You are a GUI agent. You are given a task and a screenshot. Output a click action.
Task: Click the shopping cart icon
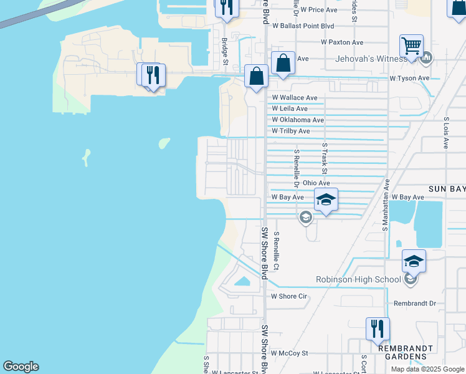click(x=411, y=46)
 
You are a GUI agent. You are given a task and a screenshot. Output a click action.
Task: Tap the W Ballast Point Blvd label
click(x=303, y=26)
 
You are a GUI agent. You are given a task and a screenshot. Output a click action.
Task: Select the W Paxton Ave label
click(x=342, y=42)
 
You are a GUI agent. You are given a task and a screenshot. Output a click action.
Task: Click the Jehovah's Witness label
click(x=371, y=59)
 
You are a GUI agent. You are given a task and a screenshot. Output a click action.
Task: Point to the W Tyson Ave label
click(x=410, y=78)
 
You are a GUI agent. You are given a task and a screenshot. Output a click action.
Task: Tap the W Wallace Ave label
click(x=295, y=98)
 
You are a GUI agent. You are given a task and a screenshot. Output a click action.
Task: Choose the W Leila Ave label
click(x=290, y=108)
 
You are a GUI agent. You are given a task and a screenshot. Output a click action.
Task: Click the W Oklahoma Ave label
click(x=298, y=120)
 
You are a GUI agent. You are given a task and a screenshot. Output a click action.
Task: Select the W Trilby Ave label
click(x=291, y=131)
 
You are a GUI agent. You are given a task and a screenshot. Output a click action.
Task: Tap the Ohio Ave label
click(x=316, y=183)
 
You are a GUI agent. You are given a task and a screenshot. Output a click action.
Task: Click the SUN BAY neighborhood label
click(x=447, y=188)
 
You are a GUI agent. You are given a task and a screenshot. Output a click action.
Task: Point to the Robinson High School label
click(x=358, y=279)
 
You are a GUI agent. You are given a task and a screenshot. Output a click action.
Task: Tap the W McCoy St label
click(x=290, y=353)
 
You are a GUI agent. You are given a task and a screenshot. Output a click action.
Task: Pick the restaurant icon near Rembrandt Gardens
click(x=378, y=328)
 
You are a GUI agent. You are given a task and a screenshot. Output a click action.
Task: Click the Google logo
click(x=21, y=367)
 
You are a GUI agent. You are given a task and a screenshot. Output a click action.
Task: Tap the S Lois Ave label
click(x=446, y=132)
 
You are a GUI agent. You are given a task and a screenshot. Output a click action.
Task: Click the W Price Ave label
click(x=318, y=10)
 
